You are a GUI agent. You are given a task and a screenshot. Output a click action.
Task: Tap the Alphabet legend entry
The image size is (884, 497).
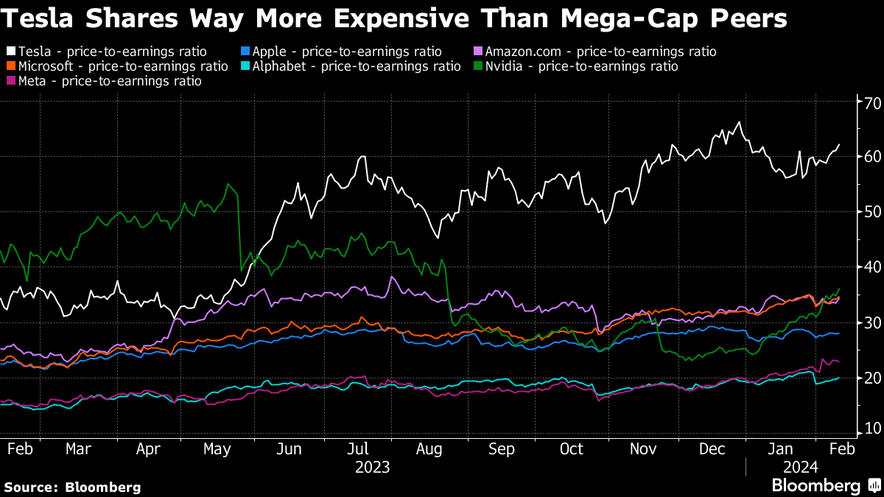[357, 66]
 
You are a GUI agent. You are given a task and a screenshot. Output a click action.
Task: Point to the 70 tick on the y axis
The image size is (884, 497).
[872, 102]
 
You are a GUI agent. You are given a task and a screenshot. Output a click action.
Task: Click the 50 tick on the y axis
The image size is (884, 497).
[872, 212]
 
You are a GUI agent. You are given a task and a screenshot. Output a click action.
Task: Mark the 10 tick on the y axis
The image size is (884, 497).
[872, 429]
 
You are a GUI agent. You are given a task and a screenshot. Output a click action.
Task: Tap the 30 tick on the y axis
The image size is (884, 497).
[872, 322]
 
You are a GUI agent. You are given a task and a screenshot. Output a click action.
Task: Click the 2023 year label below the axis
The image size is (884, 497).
[373, 467]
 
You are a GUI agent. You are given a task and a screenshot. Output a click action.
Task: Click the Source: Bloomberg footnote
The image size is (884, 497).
[72, 487]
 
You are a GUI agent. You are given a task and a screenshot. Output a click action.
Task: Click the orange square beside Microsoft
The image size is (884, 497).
[11, 66]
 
